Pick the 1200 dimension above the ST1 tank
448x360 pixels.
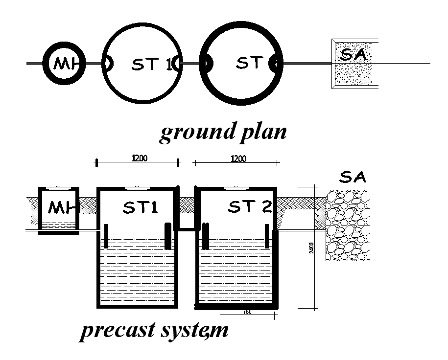coord(140,158)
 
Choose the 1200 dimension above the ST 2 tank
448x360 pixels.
coord(238,158)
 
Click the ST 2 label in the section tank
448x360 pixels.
coord(250,207)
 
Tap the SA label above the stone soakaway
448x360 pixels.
coord(352,177)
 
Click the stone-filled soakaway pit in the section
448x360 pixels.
coord(349,225)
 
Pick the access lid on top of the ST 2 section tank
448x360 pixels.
coord(237,187)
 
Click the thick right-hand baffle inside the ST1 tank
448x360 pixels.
coord(168,236)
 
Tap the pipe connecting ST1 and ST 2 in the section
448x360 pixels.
coord(187,227)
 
